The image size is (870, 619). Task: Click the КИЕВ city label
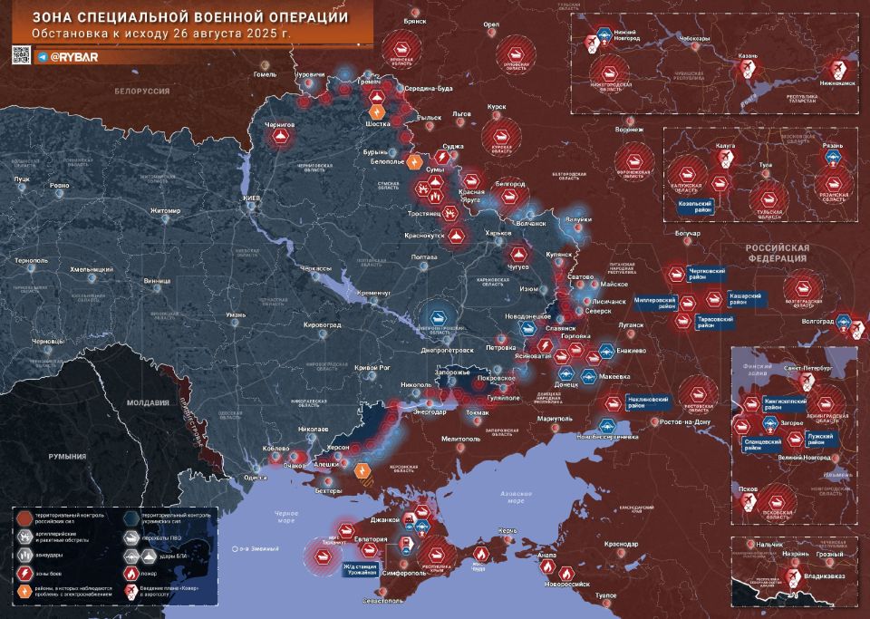click(x=251, y=198)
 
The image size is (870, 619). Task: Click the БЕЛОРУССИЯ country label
click(x=142, y=92)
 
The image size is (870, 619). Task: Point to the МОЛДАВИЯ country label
click(x=148, y=402)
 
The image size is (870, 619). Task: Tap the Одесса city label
click(x=256, y=478)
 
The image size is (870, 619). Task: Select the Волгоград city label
click(x=817, y=321)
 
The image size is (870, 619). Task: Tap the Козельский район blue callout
click(x=694, y=206)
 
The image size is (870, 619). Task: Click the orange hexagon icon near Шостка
click(x=375, y=110)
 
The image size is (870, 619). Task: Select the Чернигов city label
click(x=280, y=123)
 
